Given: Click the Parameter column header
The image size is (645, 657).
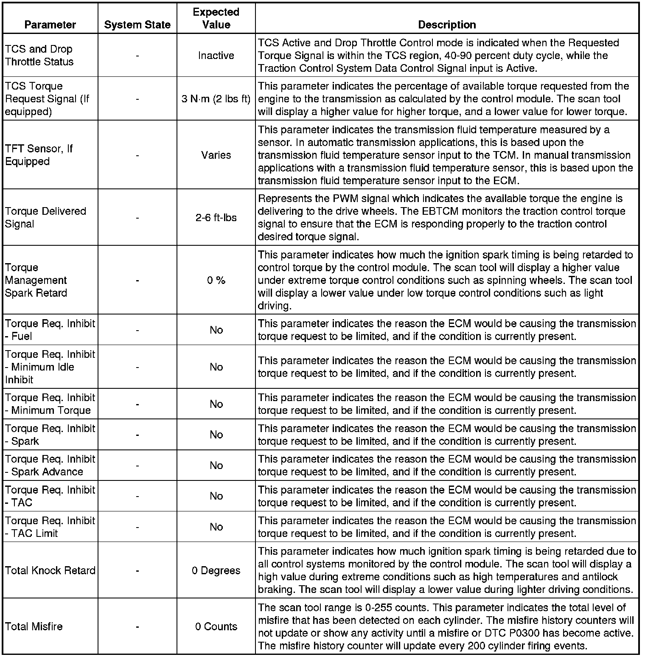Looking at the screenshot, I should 50,25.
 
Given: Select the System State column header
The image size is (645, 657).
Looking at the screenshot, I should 137,25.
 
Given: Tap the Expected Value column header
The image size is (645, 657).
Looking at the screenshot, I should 216,18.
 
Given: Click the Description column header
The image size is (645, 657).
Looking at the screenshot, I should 447,25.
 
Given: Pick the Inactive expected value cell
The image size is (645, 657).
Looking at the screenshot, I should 216,56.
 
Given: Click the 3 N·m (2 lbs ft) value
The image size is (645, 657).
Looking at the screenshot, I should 216,99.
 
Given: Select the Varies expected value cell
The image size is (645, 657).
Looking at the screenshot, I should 216,155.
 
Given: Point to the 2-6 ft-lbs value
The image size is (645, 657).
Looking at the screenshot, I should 216,218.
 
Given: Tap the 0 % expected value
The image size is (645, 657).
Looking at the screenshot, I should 216,280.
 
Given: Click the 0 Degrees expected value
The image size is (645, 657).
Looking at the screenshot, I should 216,570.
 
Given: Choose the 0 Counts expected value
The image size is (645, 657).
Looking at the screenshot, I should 216,626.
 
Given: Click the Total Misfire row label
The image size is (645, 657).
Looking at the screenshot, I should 34,626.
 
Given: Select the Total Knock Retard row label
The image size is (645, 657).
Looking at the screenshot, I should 50,570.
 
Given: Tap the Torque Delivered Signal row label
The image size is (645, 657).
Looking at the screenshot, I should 45,217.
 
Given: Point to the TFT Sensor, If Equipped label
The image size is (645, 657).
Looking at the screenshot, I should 39,155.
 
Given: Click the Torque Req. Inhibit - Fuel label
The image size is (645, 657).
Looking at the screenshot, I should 50,330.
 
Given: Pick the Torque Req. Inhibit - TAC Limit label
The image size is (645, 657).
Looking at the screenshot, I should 50,527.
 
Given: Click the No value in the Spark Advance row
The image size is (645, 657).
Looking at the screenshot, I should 216,466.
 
